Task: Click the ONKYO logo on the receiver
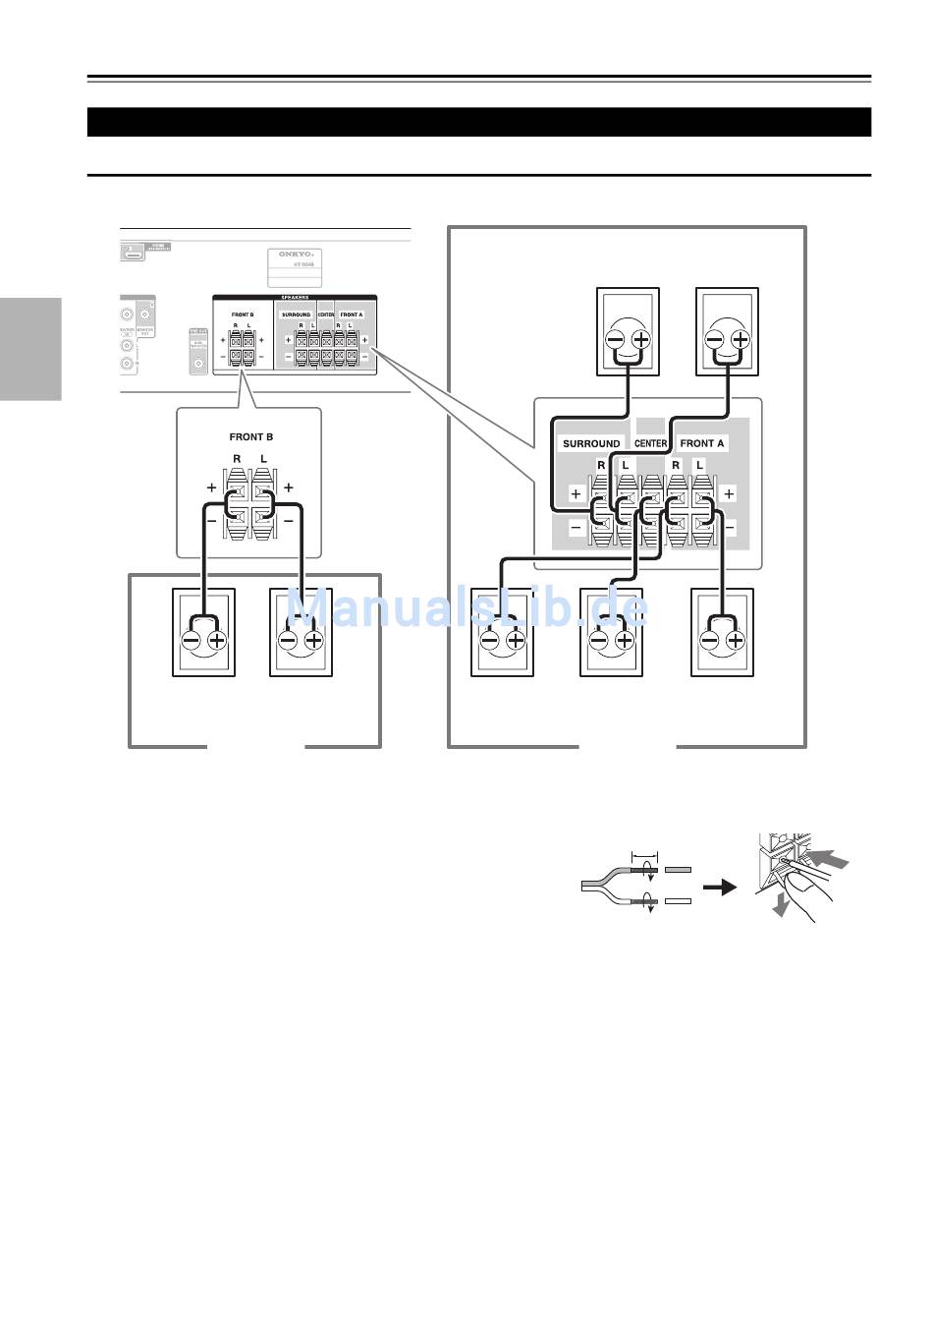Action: [x=294, y=254]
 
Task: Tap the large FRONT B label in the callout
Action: [x=251, y=436]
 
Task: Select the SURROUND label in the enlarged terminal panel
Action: [x=591, y=443]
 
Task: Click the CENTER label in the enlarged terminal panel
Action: [x=651, y=443]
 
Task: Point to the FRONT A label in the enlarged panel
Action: [x=702, y=443]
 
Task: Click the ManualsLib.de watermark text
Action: [x=467, y=609]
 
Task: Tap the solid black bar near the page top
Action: [x=479, y=122]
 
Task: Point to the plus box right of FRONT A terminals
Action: [x=729, y=493]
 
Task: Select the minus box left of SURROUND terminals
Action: [x=576, y=528]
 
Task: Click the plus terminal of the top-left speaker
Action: [x=641, y=341]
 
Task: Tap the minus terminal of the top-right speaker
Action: [x=714, y=341]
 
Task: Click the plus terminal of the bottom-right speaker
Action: [x=736, y=641]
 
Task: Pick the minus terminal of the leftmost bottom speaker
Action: [x=192, y=641]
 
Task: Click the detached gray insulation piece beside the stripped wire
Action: [x=678, y=870]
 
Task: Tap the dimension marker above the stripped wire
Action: [x=644, y=855]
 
